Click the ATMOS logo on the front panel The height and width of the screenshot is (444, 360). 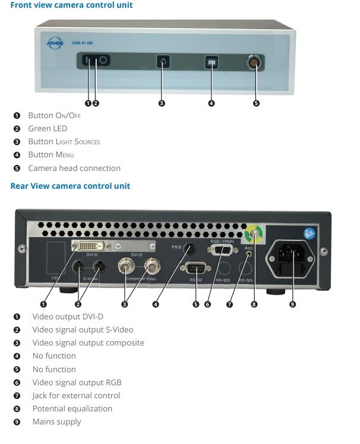point(55,43)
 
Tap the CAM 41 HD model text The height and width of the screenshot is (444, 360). point(82,43)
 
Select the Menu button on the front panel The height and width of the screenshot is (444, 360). point(211,62)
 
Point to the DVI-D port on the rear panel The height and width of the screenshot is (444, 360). point(91,246)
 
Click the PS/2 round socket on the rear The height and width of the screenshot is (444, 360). point(190,249)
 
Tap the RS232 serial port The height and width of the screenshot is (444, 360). point(195,268)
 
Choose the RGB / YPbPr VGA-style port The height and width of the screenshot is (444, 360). point(222,250)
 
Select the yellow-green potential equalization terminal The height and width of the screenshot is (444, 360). point(254,234)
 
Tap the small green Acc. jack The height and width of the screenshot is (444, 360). point(249,254)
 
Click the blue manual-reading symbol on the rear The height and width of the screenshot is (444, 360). point(310,234)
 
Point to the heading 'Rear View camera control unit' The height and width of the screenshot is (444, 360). point(70,186)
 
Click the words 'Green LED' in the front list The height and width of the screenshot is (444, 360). point(48,129)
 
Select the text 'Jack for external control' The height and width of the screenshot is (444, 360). point(76,395)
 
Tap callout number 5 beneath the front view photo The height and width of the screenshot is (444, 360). point(256,103)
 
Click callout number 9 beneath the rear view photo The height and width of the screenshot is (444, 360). point(292,305)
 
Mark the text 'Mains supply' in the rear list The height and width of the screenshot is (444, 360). point(56,422)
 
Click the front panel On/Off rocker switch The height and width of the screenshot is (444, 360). point(96,60)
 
